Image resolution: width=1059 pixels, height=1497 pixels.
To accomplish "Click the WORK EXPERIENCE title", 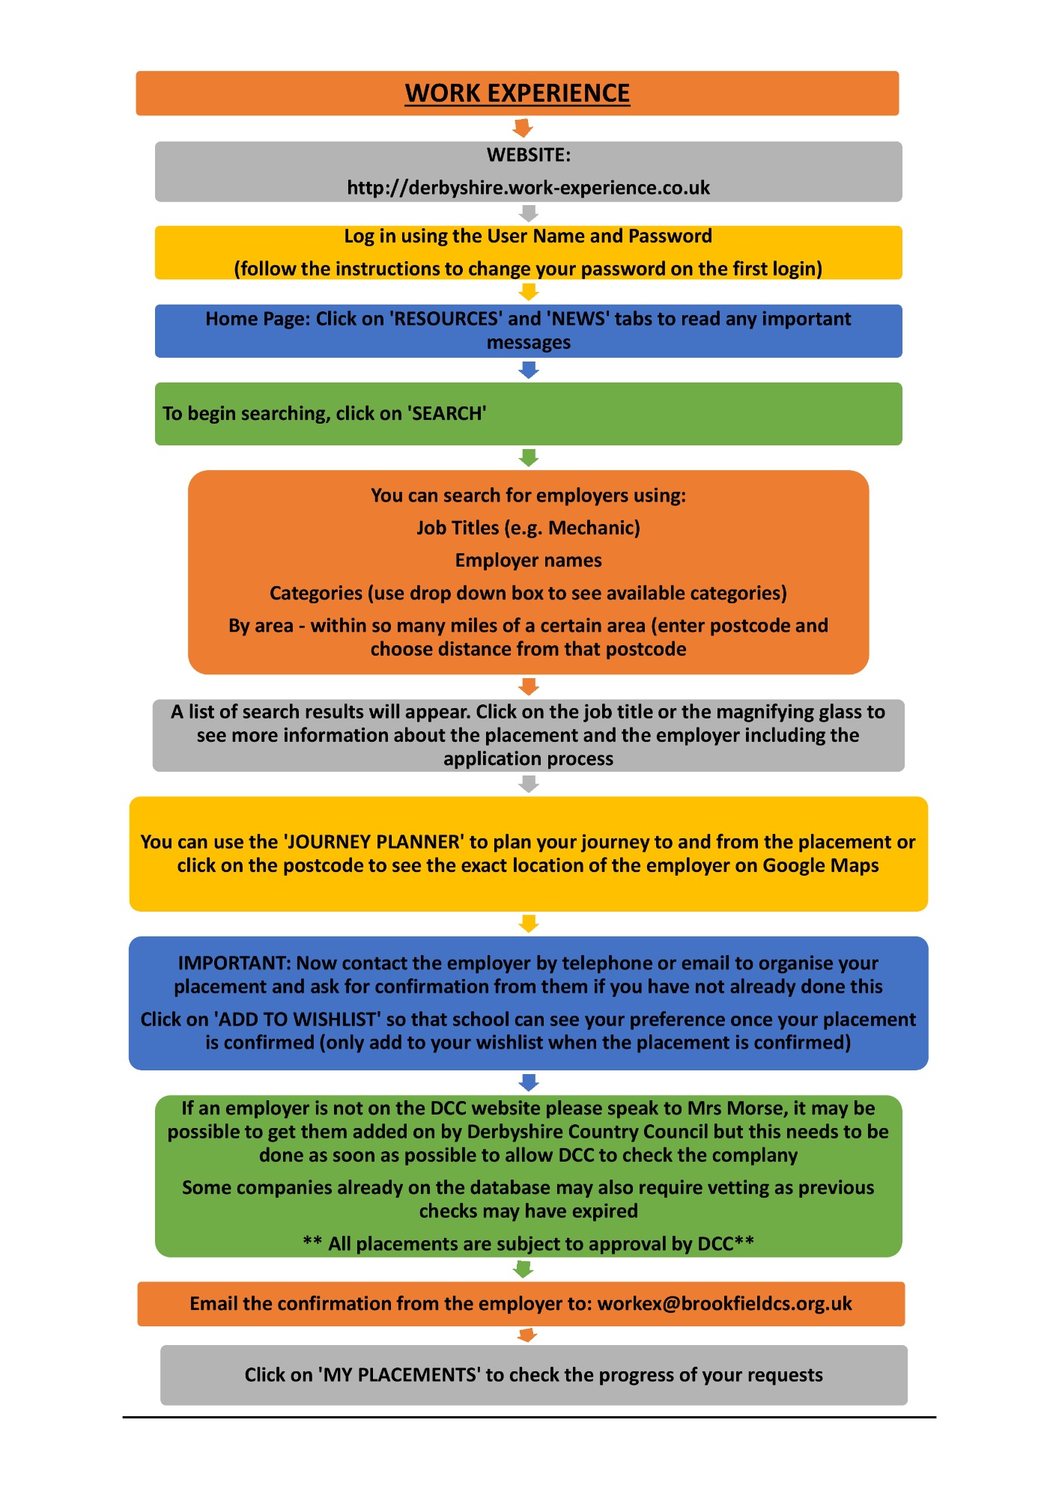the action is coord(518,93).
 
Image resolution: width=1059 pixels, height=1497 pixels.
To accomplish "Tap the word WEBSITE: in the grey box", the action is coord(529,155).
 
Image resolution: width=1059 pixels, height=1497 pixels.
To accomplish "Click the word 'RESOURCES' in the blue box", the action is coord(447,319).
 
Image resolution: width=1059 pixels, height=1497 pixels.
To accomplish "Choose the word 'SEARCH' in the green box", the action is coord(448,413).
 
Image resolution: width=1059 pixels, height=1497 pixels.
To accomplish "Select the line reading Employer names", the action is coord(529,561).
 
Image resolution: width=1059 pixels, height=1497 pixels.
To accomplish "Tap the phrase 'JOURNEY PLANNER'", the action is coord(374,842).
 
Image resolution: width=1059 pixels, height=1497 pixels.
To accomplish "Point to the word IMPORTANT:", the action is coord(234,963).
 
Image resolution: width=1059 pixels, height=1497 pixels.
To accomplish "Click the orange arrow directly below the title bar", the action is coord(523,128).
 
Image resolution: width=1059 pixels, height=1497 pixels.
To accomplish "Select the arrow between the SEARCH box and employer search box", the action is coord(529,457).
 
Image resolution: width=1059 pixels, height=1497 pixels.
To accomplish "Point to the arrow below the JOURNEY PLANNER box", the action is coord(529,924).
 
